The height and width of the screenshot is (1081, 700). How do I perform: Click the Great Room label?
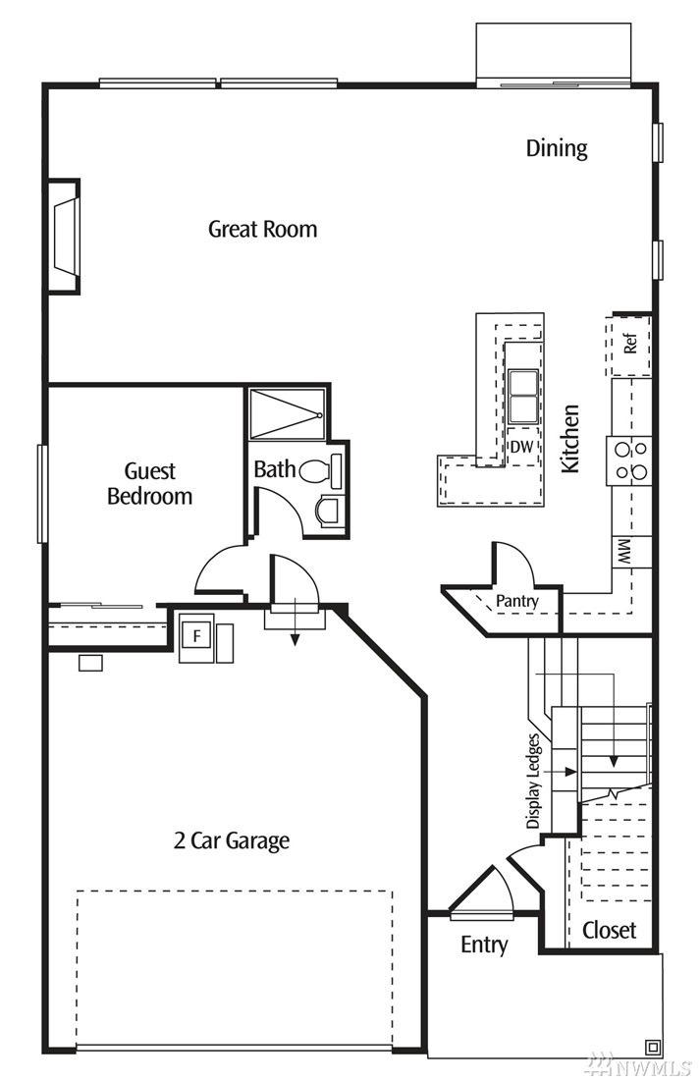(262, 229)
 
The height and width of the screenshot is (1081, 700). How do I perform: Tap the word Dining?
(557, 148)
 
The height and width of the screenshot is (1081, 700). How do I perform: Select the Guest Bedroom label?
(149, 484)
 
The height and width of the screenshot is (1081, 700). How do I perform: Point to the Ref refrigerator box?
(630, 344)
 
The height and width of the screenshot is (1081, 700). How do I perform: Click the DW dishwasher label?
(521, 447)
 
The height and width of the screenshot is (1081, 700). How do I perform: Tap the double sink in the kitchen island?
(521, 395)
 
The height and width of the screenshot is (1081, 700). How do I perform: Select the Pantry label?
(516, 600)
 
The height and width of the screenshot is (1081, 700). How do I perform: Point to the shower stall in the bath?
(287, 413)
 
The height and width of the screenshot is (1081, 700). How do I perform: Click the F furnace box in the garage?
(196, 636)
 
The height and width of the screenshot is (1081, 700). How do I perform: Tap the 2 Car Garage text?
(232, 840)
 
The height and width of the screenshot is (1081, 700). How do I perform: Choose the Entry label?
(484, 946)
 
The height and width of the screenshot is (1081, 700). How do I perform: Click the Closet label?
(609, 930)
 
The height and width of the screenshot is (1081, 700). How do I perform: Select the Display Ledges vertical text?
(533, 781)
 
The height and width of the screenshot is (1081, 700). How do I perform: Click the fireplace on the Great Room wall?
(65, 236)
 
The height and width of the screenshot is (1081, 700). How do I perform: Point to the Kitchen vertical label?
(570, 439)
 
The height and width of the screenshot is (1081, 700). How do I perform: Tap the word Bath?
(274, 469)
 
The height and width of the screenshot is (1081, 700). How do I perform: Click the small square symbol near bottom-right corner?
(652, 1045)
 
